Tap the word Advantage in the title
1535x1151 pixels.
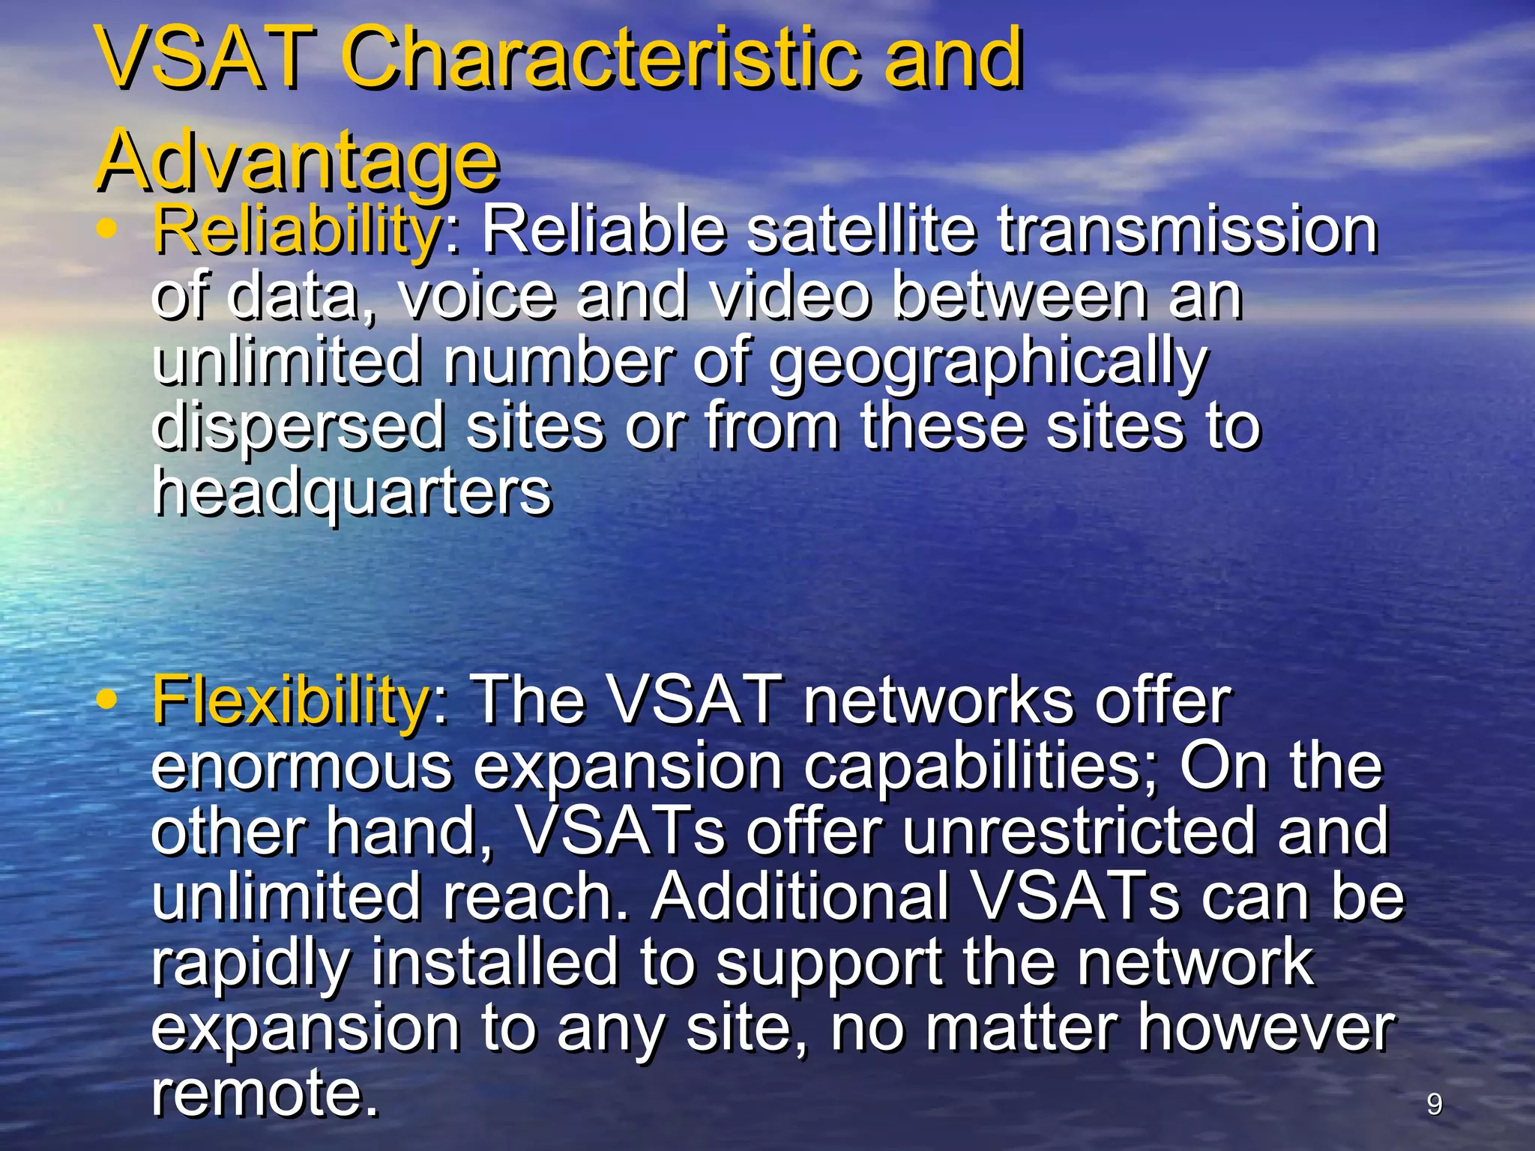click(x=298, y=160)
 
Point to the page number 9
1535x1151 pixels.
click(x=1434, y=1105)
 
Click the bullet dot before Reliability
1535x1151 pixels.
click(x=107, y=229)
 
